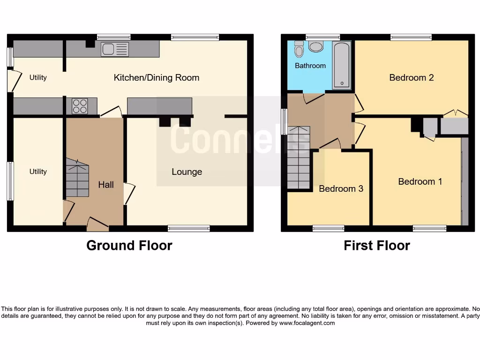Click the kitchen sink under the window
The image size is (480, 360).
point(114,49)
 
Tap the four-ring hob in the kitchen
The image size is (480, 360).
point(79,106)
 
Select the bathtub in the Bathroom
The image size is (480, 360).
point(341,65)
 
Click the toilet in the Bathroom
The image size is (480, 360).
point(299,49)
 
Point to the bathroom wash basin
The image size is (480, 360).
point(316,46)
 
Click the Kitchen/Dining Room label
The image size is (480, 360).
point(156,78)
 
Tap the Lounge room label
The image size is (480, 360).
point(187,172)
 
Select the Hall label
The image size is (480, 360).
point(105,185)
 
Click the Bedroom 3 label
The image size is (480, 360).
point(341,189)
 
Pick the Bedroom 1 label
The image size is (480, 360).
point(420,181)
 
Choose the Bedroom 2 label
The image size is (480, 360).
point(411,78)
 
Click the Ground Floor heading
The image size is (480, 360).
point(129,245)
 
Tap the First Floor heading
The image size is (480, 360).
point(376,245)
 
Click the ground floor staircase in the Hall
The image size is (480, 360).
point(77,178)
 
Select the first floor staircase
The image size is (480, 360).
point(298,157)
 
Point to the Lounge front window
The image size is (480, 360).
point(188,228)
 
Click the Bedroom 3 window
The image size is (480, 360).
point(328,228)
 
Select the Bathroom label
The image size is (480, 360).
point(310,66)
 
